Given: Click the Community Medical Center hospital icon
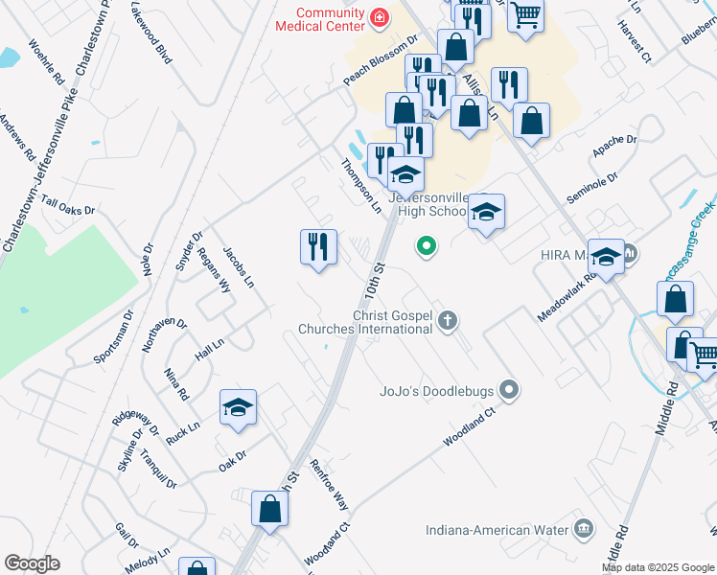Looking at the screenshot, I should [381, 17].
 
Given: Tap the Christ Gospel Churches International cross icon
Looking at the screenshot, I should [448, 322].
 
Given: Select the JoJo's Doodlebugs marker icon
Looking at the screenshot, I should [510, 390].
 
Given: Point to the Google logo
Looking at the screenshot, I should [33, 563].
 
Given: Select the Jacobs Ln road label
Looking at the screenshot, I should [239, 269].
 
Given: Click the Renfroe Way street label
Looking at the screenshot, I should [329, 484].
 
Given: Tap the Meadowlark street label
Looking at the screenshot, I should [567, 288].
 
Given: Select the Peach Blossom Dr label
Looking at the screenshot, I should [382, 58].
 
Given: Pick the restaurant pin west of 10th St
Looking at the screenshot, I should [318, 247].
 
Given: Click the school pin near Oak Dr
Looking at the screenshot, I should [238, 408].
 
